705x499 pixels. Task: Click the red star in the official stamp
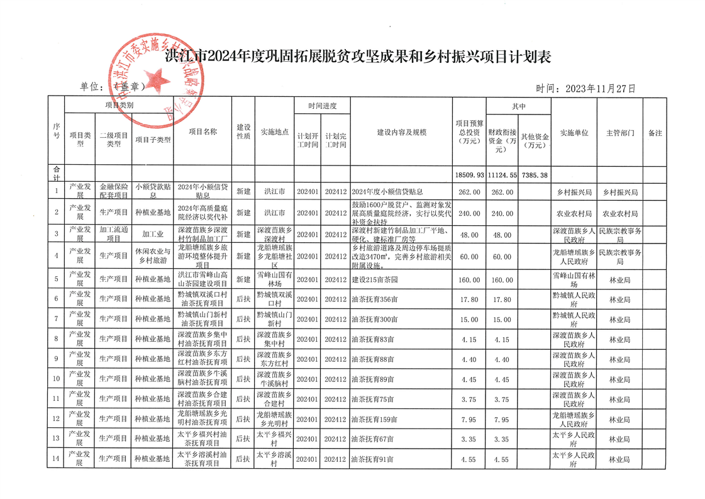pyautogui.click(x=158, y=79)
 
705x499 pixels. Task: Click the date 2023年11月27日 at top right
pyautogui.click(x=586, y=89)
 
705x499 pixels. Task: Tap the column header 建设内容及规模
pyautogui.click(x=401, y=133)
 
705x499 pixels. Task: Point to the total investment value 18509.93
pyautogui.click(x=469, y=174)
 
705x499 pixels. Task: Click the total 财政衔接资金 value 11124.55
pyautogui.click(x=502, y=174)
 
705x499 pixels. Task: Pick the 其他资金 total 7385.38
pyautogui.click(x=535, y=174)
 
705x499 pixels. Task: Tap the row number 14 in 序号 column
pyautogui.click(x=56, y=459)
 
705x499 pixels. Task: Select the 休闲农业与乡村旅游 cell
pyautogui.click(x=152, y=256)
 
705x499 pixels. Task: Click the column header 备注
pyautogui.click(x=655, y=133)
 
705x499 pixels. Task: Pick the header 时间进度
pyautogui.click(x=323, y=106)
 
